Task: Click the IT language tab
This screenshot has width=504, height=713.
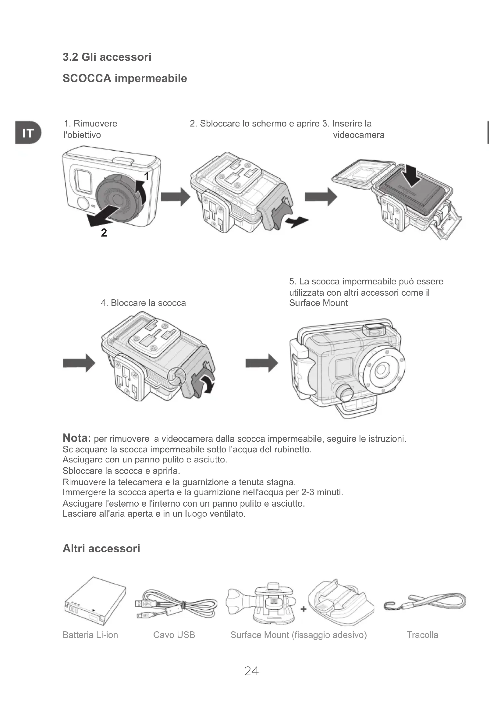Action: (x=28, y=133)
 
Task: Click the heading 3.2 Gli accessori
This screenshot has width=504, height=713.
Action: (x=107, y=57)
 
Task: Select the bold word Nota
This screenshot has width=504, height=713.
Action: (x=77, y=438)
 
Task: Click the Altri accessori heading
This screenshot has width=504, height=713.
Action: (x=101, y=548)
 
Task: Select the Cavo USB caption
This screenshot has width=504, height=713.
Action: (x=174, y=635)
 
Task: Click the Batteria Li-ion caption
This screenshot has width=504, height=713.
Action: (x=90, y=635)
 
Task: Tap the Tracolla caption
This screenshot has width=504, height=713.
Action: (x=422, y=635)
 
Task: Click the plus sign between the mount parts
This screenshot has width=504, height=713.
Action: (x=303, y=609)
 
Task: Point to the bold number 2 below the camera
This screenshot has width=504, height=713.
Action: (x=104, y=233)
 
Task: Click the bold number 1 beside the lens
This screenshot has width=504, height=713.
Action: (x=147, y=176)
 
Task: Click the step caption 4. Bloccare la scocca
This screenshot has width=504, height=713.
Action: (x=144, y=303)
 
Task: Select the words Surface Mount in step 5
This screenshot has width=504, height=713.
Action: (x=318, y=303)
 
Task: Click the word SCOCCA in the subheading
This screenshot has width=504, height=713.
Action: (x=87, y=78)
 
